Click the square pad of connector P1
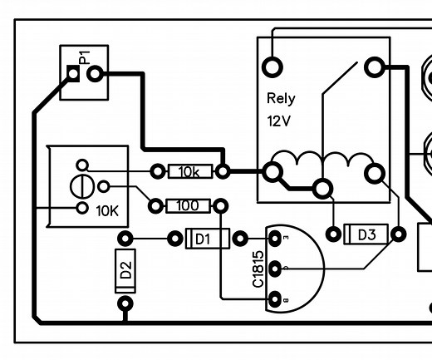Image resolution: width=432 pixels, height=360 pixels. tap(73, 76)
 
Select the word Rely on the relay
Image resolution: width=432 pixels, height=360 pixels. tap(280, 98)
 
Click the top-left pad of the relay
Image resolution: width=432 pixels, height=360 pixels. tap(272, 67)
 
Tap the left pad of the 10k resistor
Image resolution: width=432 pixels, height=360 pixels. tap(156, 172)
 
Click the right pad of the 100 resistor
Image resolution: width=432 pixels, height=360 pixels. tap(221, 205)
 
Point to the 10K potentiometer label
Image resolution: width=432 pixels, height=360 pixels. tap(108, 210)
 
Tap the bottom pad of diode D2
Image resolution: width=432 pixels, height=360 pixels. tap(124, 305)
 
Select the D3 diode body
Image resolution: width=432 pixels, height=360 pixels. tap(365, 234)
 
